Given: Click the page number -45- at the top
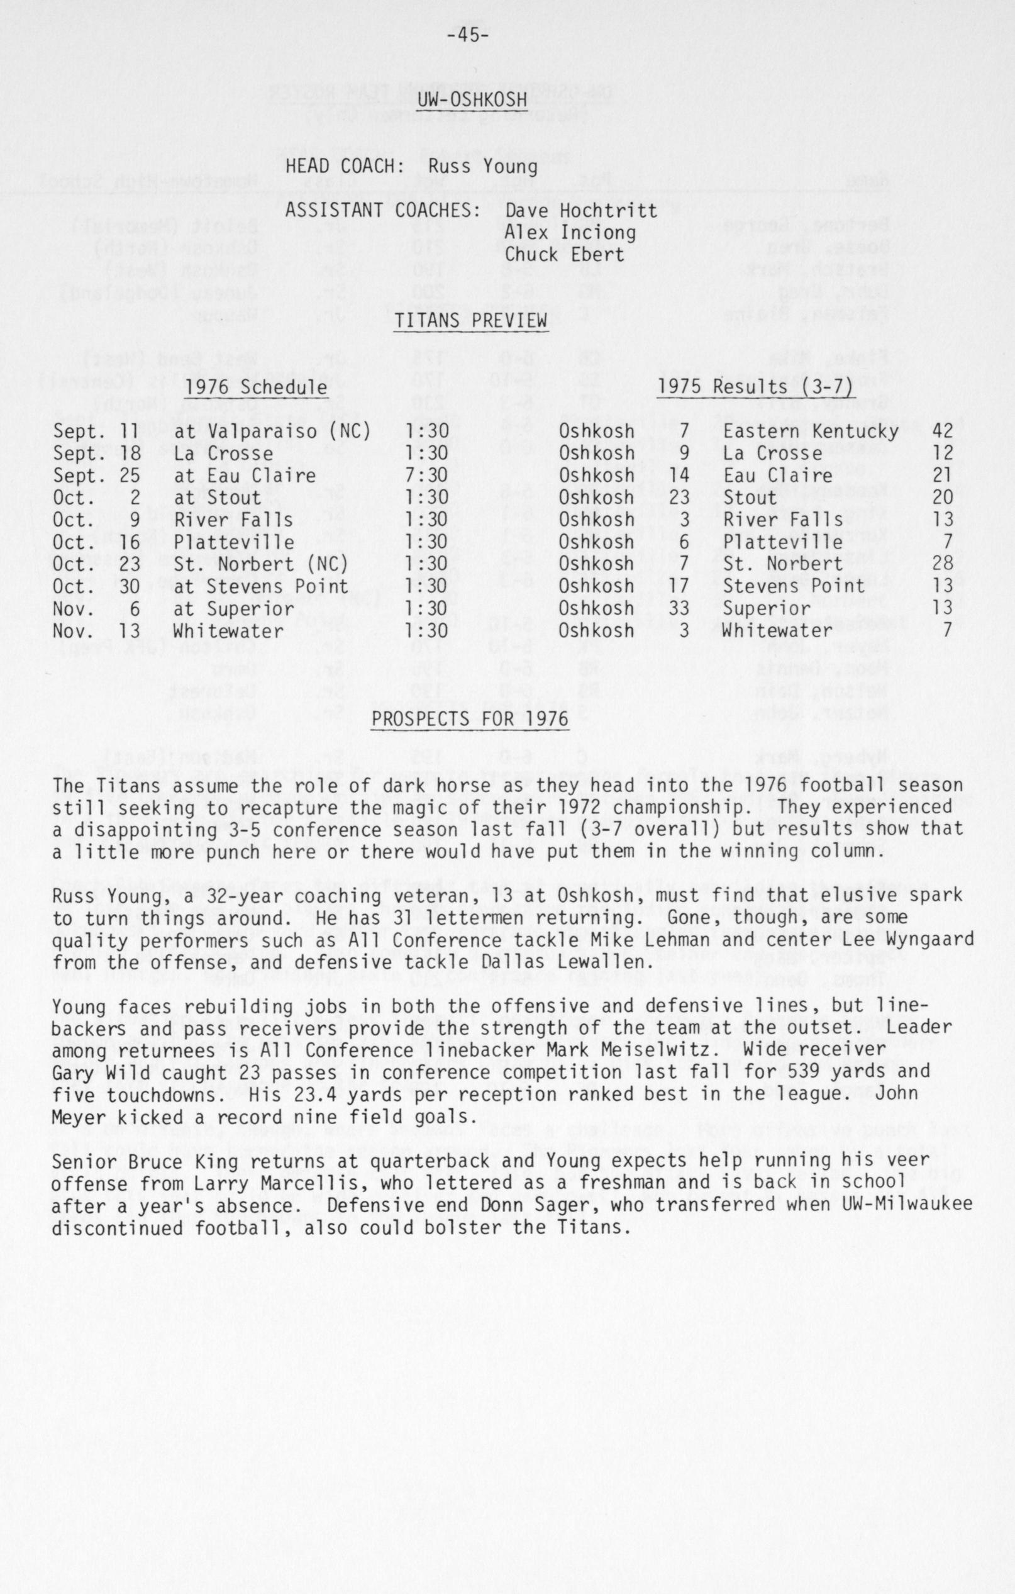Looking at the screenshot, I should point(467,36).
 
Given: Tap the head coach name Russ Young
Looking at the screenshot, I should point(473,166).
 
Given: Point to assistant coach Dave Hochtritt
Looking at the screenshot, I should point(581,211).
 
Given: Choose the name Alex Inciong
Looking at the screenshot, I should point(570,233).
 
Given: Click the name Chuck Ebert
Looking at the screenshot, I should point(564,255).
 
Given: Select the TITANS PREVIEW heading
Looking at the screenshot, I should point(471,321).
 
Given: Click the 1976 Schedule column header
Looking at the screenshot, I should point(256,387).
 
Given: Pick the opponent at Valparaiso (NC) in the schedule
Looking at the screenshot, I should point(272,432).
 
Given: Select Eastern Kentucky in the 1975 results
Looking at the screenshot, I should point(811,432).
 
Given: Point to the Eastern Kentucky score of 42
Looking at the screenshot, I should point(942,432).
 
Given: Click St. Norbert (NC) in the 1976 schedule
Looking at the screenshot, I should point(261,565).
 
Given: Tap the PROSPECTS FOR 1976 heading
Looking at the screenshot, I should point(470,719).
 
